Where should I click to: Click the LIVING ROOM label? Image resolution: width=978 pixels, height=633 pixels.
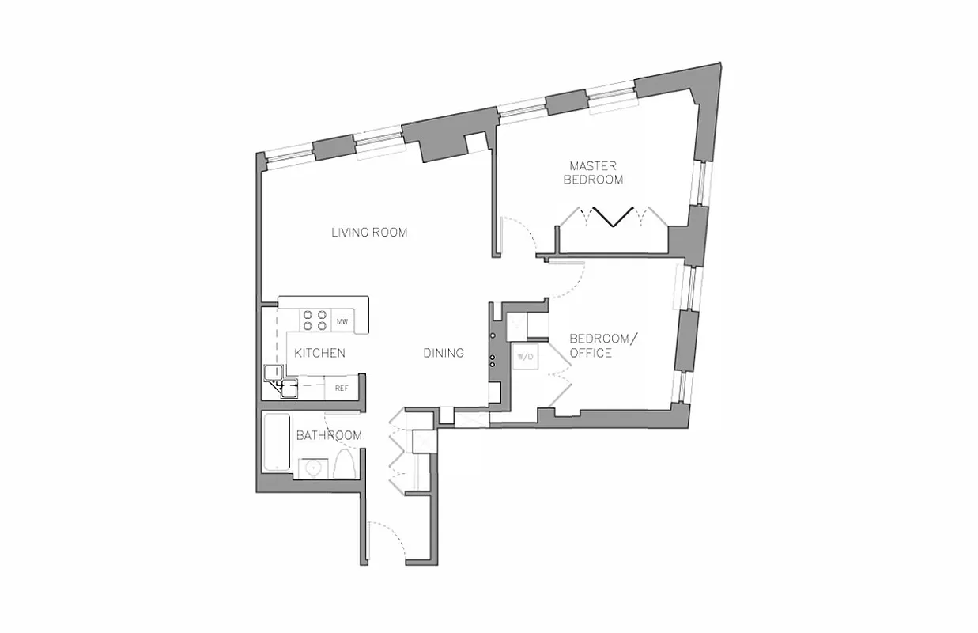[368, 233]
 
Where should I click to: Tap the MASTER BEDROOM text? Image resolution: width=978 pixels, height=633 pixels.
[592, 172]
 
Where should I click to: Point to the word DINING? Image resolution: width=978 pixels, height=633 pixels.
[443, 353]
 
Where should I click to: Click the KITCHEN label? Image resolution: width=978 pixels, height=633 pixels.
[319, 353]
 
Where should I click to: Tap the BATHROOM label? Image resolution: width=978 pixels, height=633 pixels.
[329, 435]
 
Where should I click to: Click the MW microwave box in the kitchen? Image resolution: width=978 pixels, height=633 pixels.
[342, 322]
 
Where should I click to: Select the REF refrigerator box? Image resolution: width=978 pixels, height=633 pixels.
[342, 388]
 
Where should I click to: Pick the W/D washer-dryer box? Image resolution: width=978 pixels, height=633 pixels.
[525, 357]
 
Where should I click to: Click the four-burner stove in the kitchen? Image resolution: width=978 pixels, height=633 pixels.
[315, 320]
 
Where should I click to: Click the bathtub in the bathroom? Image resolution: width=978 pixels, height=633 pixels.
[277, 443]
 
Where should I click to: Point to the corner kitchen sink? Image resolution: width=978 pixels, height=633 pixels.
[280, 383]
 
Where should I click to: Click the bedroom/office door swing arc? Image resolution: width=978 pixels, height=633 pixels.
[569, 281]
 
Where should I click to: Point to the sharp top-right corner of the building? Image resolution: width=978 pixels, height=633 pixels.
[720, 63]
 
